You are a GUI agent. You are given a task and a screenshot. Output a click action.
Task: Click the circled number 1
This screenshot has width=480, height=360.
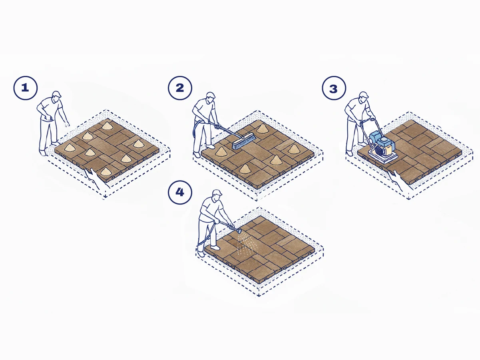[x=25, y=88]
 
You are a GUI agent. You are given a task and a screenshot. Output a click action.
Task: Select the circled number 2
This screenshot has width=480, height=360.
[x=180, y=88]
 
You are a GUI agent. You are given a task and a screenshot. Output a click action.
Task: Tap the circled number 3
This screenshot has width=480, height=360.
[x=334, y=88]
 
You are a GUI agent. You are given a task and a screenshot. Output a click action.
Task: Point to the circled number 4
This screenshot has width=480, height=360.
[x=180, y=192]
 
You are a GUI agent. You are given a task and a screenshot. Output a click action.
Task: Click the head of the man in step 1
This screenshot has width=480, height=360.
[x=57, y=96]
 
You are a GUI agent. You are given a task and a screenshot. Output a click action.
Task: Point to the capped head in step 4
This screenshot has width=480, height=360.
[x=217, y=195]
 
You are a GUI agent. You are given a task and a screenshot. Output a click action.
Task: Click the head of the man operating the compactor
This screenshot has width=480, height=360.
[x=364, y=97]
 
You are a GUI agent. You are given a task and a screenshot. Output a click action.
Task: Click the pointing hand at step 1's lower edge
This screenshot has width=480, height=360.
[x=94, y=177]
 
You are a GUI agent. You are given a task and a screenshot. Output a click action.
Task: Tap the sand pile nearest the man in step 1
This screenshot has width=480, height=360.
[x=70, y=147]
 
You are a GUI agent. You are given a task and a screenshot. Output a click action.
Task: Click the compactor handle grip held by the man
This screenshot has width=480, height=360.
[x=372, y=119]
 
